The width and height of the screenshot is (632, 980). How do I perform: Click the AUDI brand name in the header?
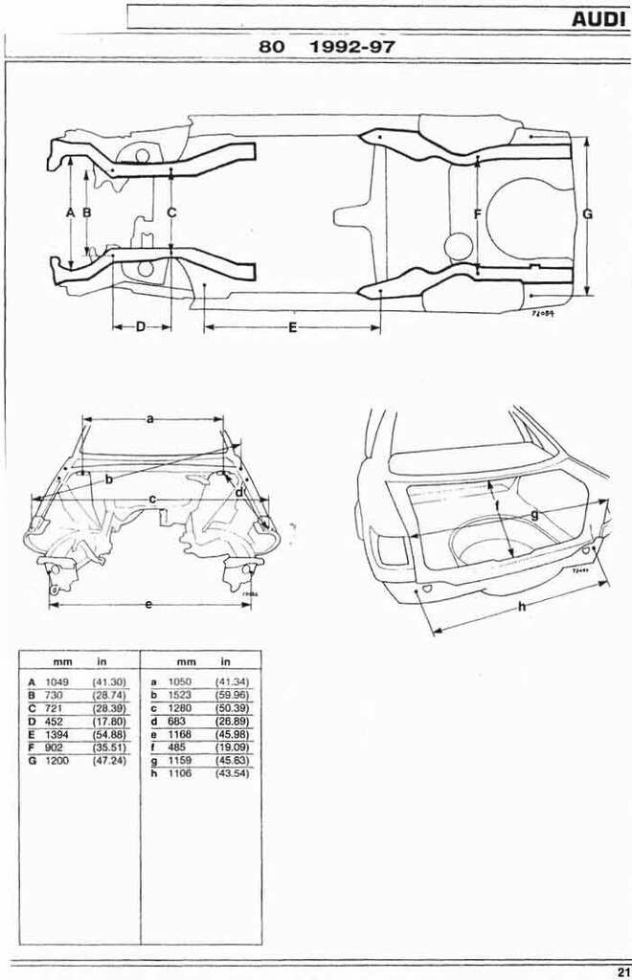(x=598, y=18)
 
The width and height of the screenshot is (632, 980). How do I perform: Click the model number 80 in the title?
(x=272, y=46)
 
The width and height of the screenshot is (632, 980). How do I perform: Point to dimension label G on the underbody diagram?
(x=587, y=214)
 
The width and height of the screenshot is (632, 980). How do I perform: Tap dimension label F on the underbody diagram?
(x=477, y=213)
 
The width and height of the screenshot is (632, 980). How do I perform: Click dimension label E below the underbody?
(x=292, y=328)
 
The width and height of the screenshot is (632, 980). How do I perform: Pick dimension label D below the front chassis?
(x=141, y=327)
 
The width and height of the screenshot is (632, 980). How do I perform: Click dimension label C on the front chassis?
(x=171, y=212)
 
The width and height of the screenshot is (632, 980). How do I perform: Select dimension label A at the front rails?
(x=70, y=212)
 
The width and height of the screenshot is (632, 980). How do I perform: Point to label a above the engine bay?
(x=150, y=419)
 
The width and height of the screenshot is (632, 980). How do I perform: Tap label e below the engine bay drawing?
(x=148, y=604)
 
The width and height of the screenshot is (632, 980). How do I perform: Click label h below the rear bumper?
(x=521, y=607)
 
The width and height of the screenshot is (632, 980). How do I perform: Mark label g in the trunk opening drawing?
(x=533, y=514)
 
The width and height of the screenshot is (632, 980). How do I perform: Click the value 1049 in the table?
(x=57, y=681)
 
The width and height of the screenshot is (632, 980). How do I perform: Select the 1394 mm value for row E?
(x=57, y=733)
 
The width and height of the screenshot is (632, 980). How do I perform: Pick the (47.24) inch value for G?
(x=109, y=760)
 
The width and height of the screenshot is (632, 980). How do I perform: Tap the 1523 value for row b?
(x=180, y=694)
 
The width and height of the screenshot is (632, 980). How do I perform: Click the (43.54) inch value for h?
(x=233, y=773)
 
